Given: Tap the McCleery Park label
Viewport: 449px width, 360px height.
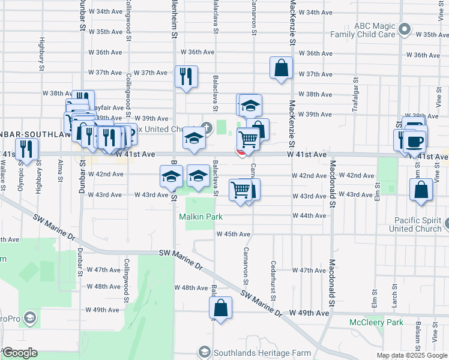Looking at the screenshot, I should pos(376,322).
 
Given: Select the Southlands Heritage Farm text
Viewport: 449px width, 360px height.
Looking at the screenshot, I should pos(253,351).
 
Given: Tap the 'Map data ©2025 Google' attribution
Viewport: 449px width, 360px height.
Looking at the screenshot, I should pos(411,356).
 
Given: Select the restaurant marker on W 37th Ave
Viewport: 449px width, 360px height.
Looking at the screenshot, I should pos(185,77).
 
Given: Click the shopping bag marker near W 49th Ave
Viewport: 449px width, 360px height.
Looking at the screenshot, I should pos(221,308).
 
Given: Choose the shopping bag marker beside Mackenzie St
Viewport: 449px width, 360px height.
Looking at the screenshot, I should pos(281,68).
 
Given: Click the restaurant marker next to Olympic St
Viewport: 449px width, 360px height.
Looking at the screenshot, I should pos(26,149).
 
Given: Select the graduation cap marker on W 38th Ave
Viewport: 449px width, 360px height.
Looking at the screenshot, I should pos(250,106).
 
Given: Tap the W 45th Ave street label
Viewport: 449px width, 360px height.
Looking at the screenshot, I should pos(234,234).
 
